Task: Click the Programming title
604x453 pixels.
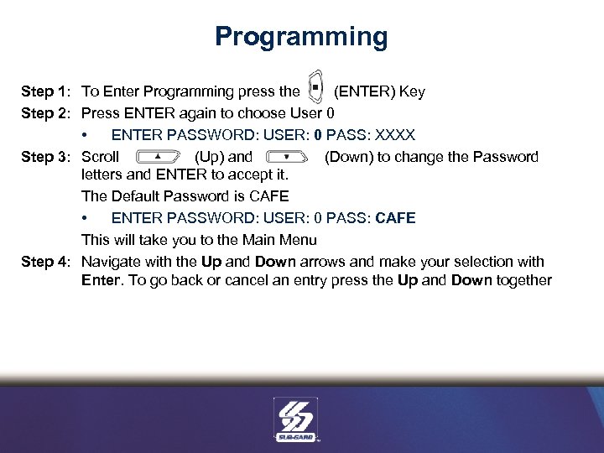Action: coord(301,37)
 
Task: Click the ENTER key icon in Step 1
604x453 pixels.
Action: coord(315,88)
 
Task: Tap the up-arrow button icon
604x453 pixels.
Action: coord(158,157)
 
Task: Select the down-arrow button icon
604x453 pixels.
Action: coord(286,157)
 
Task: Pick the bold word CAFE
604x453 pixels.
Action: coord(396,218)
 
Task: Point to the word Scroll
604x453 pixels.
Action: coord(100,157)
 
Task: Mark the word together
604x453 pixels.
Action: coord(523,280)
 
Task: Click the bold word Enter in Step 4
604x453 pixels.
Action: coord(101,280)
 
